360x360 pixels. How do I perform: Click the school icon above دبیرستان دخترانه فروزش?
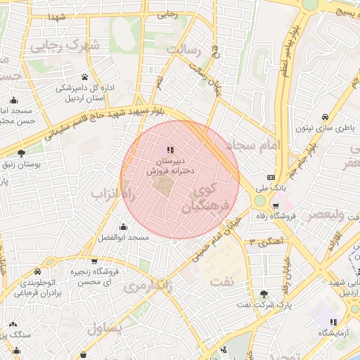coord(169,150)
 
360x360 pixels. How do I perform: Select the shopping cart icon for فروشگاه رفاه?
coord(275,206)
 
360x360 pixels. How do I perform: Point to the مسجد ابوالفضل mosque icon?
coord(124,226)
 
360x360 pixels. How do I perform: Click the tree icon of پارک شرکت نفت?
coord(264,293)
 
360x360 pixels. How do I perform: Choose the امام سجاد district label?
coord(255,146)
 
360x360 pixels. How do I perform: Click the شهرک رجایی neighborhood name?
coord(65,46)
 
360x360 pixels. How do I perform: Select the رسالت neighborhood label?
coord(184,51)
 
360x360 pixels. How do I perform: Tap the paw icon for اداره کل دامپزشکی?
coord(84,77)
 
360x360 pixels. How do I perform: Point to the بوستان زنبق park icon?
coord(21,153)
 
